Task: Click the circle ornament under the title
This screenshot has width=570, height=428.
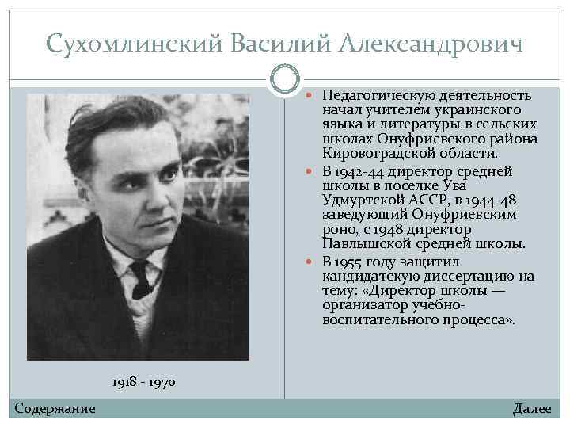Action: tap(285, 78)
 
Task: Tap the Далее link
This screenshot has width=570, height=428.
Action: tap(532, 408)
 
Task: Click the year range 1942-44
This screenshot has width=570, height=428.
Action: tap(361, 171)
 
